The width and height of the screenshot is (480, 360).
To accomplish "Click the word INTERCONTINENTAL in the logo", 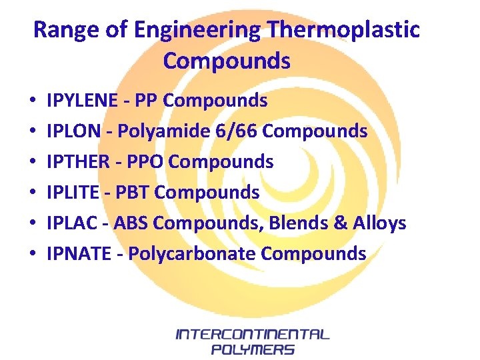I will tap(252, 334).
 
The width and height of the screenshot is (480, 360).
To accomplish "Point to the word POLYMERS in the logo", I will tap(252, 349).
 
